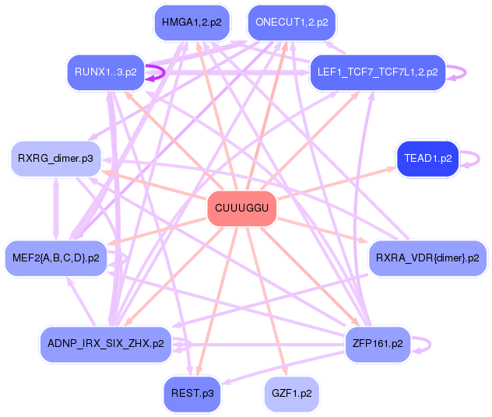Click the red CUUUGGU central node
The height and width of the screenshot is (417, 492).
pyautogui.click(x=242, y=208)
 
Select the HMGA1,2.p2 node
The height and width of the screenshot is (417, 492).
pyautogui.click(x=192, y=23)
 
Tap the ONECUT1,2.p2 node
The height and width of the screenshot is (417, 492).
pyautogui.click(x=291, y=23)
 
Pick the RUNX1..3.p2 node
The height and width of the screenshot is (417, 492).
pyautogui.click(x=106, y=72)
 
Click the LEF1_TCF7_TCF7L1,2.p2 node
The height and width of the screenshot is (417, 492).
pyautogui.click(x=378, y=72)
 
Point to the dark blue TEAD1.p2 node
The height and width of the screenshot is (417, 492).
pyautogui.click(x=427, y=159)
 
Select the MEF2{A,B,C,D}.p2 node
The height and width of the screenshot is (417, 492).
pyautogui.click(x=55, y=258)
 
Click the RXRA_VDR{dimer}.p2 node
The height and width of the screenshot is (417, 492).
pyautogui.click(x=427, y=258)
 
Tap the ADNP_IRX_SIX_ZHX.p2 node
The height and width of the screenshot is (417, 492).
pyautogui.click(x=106, y=343)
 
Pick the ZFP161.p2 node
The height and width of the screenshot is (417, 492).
pyautogui.click(x=378, y=343)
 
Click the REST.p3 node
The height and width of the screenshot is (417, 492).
pyautogui.click(x=192, y=393)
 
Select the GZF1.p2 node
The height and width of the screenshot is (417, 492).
pyautogui.click(x=292, y=393)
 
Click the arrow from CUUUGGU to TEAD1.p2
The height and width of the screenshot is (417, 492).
pyautogui.click(x=335, y=184)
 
